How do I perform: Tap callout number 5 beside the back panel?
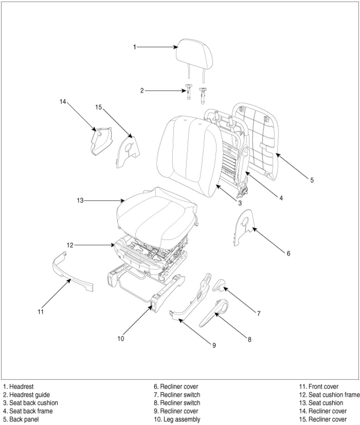click(312, 180)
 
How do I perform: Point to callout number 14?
click(62, 101)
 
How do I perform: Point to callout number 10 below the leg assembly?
click(120, 339)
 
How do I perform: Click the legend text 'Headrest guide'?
click(29, 395)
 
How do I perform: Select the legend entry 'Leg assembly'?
click(180, 419)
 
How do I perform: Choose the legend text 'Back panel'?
click(24, 419)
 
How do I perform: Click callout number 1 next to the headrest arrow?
click(135, 47)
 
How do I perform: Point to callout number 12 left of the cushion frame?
click(70, 245)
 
